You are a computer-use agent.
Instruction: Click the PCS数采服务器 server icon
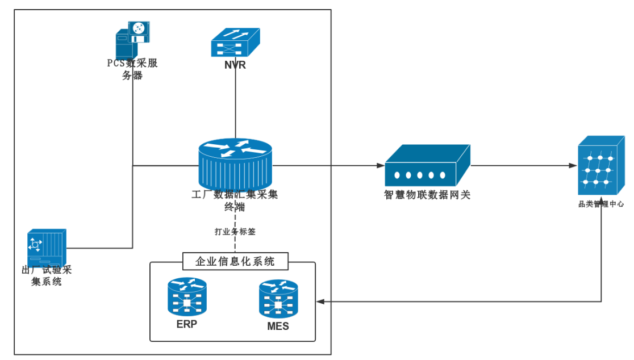click(x=133, y=39)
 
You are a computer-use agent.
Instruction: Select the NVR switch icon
click(x=235, y=42)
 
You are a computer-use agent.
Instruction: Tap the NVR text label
click(x=235, y=65)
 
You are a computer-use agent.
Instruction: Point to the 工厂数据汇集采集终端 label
click(x=235, y=200)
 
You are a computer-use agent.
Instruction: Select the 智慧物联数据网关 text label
click(x=427, y=195)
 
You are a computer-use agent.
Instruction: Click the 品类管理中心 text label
click(x=601, y=204)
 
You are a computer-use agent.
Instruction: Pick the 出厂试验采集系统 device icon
click(x=47, y=246)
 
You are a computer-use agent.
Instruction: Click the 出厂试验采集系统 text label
click(x=47, y=275)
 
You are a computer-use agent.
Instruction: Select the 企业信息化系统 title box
click(x=235, y=261)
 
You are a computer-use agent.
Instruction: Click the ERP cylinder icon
click(x=187, y=296)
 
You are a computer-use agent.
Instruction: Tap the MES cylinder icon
click(x=278, y=299)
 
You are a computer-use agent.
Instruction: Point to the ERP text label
click(x=187, y=325)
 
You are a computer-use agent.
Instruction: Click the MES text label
click(x=278, y=326)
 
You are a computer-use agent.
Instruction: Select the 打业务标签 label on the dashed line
click(x=235, y=232)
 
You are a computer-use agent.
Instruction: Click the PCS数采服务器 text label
click(x=132, y=69)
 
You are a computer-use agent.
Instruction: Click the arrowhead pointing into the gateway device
click(x=381, y=166)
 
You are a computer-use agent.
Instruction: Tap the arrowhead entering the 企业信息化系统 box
click(x=320, y=302)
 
